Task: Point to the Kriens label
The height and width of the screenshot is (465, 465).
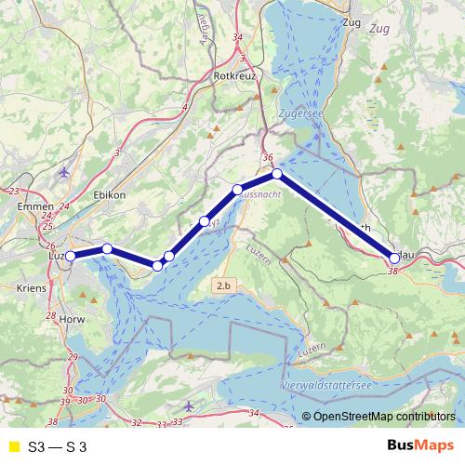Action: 31,289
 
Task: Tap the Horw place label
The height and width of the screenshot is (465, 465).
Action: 71,319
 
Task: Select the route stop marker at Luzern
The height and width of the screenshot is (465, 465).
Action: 71,256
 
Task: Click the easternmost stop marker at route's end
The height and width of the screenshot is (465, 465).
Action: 394,258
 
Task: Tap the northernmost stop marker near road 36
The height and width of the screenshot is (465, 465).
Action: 276,174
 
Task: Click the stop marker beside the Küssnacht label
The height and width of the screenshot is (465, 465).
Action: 237,190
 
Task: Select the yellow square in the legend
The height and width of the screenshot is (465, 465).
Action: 12,446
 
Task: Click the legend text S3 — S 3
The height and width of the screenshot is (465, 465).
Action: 57,446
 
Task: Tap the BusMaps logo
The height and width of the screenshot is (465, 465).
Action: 419,445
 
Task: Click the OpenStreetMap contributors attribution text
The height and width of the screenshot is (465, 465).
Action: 379,417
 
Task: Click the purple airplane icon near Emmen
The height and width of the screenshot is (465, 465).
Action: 63,171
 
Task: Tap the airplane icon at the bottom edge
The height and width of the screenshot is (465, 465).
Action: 190,405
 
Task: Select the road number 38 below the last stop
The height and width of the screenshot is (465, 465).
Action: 393,271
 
